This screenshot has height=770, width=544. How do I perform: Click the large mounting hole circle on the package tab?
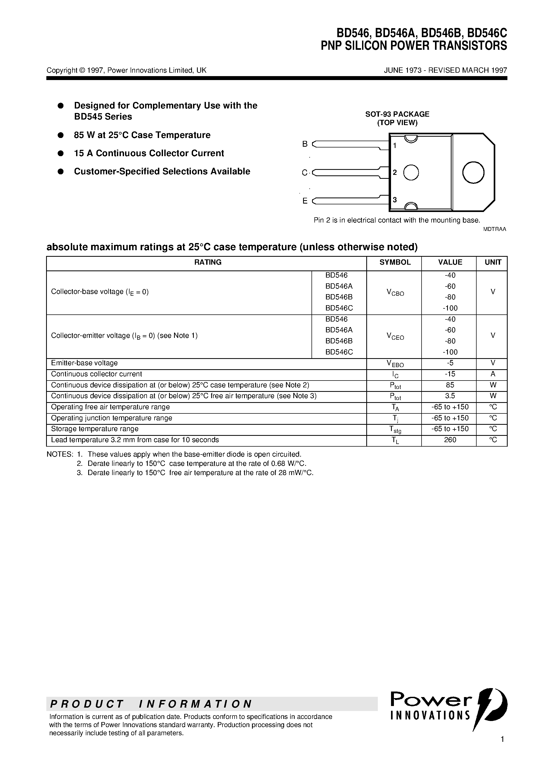pos(473,172)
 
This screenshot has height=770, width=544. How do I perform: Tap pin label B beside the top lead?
pos(305,144)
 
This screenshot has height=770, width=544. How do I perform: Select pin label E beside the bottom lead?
pos(305,201)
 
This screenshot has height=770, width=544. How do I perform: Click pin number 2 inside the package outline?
pos(395,172)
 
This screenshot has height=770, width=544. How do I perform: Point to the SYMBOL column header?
pos(395,262)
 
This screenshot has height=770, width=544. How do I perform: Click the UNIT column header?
pos(493,262)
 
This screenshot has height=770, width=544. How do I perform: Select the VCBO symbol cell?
pos(395,293)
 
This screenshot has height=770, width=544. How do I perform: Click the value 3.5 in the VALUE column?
pos(450,396)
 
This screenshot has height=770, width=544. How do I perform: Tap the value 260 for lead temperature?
pos(450,440)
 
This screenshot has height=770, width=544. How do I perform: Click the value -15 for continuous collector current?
pos(450,374)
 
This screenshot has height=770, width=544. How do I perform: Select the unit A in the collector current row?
pos(493,374)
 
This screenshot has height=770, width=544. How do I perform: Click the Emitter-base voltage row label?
pos(84,363)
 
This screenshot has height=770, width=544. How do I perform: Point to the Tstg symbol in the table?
pos(395,430)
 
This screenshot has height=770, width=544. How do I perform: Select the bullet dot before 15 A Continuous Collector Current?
pos(61,153)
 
